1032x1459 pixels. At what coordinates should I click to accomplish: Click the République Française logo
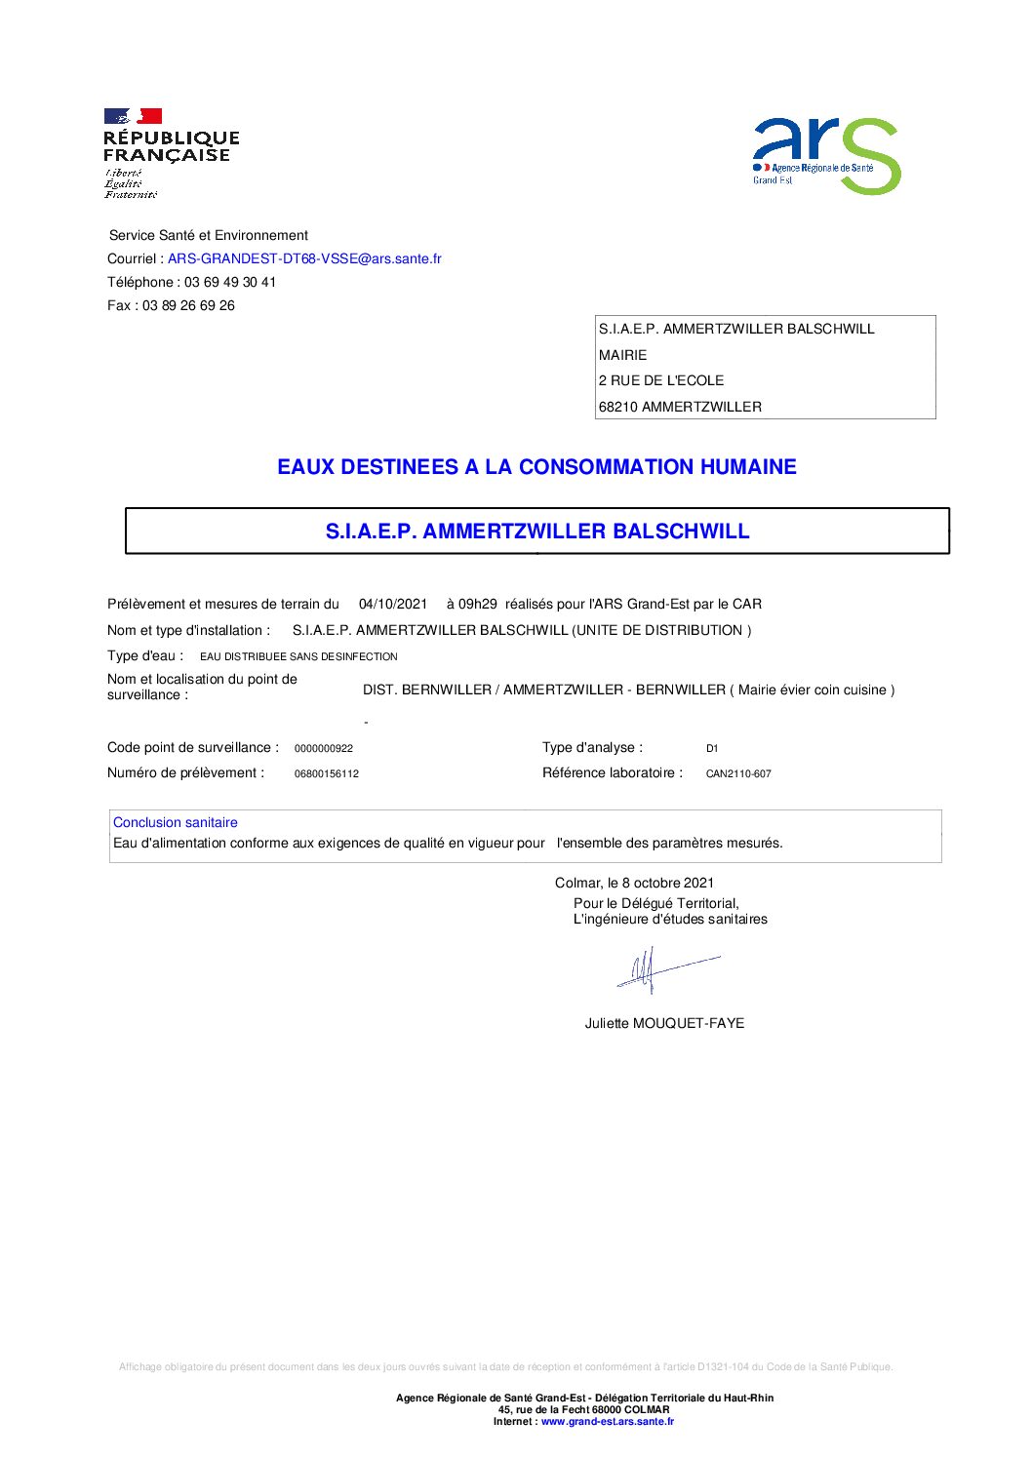coord(171,152)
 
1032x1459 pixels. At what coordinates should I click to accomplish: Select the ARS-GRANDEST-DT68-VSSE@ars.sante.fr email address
coord(304,258)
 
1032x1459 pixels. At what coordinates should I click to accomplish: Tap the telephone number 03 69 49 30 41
coord(230,282)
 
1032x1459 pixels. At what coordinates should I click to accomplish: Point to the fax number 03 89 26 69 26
coord(188,305)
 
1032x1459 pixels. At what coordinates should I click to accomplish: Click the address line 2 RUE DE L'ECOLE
coord(661,380)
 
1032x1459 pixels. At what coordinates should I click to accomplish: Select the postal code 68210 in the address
coord(618,407)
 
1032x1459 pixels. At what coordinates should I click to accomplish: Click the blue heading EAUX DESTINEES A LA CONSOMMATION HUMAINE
coord(536,467)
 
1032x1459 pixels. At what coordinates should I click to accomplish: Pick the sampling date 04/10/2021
coord(393,604)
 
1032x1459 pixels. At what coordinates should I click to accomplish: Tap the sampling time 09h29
coord(477,604)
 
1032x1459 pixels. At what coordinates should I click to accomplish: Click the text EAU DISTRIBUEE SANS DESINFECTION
coord(298,656)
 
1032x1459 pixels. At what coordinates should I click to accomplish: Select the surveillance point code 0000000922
coord(324,749)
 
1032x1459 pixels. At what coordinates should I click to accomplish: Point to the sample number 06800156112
coord(327,774)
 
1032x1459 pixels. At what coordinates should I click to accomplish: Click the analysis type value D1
coord(712,749)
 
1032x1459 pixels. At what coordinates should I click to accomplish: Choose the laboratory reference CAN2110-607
coord(738,774)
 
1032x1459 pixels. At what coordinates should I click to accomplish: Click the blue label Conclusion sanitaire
coord(176,822)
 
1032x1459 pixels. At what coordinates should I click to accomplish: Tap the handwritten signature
coord(663,969)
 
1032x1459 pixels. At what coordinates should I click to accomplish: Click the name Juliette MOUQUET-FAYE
coord(664,1023)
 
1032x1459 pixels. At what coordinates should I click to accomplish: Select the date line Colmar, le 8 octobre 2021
coord(634,883)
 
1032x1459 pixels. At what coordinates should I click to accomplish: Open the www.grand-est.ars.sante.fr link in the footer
coord(608,1421)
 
